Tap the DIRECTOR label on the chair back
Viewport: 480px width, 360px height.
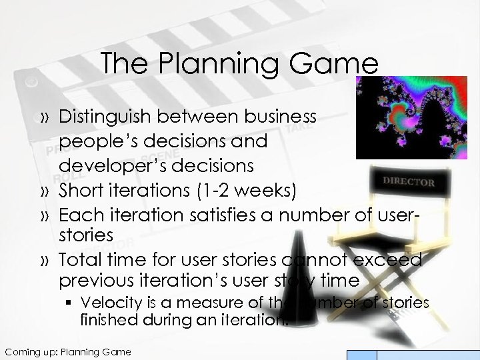(409, 181)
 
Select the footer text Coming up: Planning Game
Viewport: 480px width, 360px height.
(67, 351)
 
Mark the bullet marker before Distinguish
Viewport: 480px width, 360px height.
(45, 117)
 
